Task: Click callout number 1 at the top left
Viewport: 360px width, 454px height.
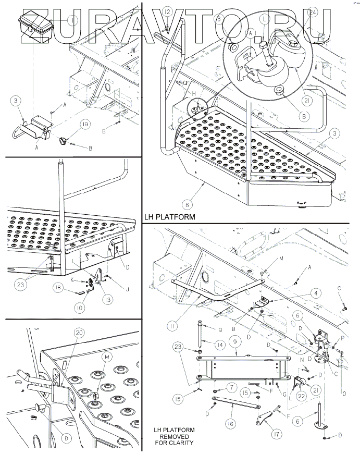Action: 73,20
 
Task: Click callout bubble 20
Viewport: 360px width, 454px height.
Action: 79,332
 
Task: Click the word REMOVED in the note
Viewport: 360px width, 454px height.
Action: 173,436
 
